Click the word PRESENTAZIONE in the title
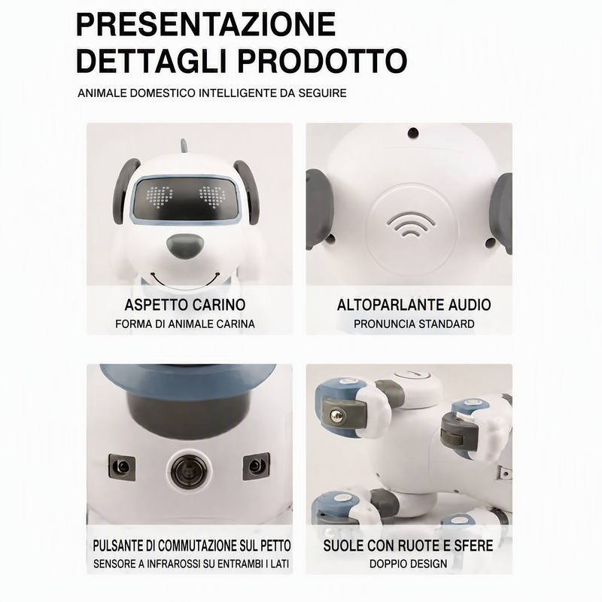point(205,24)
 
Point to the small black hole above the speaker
point(413,133)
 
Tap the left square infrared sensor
point(122,467)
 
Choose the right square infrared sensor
point(256,466)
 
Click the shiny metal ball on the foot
point(336,415)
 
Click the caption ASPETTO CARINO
point(185,305)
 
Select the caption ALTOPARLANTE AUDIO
point(414,305)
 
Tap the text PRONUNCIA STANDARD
point(414,324)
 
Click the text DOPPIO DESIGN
point(408,564)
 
